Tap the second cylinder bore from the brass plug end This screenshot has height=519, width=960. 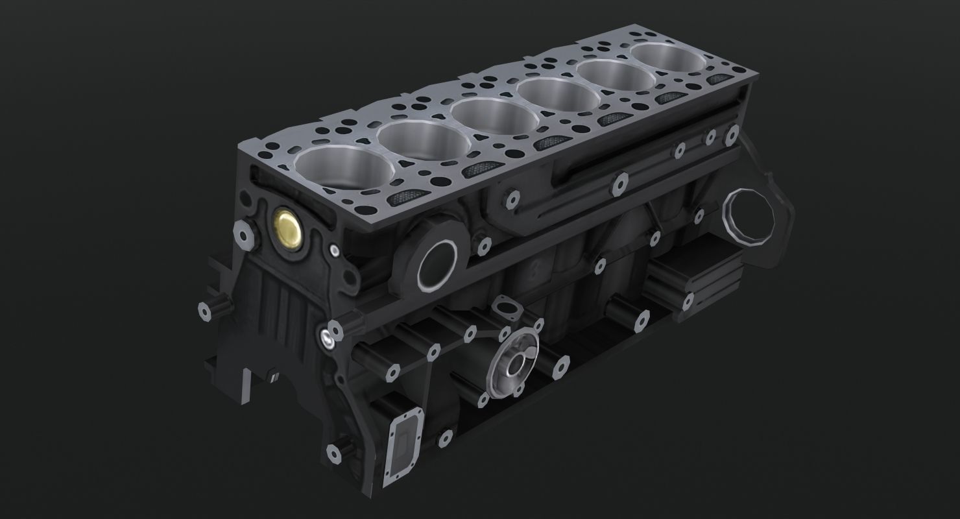[421, 141]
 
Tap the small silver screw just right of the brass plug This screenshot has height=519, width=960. [333, 250]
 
